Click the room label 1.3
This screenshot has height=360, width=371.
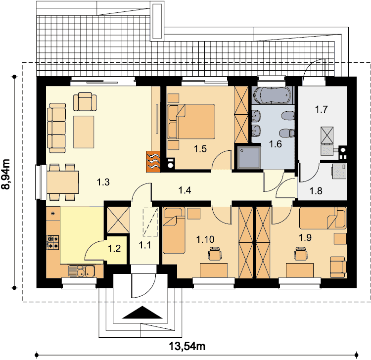[x=103, y=182]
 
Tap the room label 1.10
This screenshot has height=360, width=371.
[x=205, y=239]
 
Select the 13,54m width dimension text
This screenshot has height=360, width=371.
[x=187, y=346]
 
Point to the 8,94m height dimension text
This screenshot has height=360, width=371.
[x=6, y=174]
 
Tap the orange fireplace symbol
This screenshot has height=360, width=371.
[x=153, y=162]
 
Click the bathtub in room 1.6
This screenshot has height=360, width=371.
[x=272, y=95]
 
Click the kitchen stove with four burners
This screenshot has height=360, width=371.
[x=53, y=242]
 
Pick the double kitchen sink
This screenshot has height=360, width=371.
[x=82, y=270]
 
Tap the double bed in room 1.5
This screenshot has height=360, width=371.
[x=191, y=121]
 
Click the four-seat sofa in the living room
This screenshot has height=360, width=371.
[x=56, y=128]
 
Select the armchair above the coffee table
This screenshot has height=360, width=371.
[x=85, y=102]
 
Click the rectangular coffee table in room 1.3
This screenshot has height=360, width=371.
[x=84, y=132]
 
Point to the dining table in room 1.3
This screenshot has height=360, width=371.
[x=63, y=182]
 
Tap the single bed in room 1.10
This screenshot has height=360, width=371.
[x=174, y=230]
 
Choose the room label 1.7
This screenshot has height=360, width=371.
[x=321, y=109]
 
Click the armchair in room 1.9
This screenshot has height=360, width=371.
[x=338, y=267]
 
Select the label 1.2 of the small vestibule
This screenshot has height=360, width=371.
[x=114, y=248]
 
